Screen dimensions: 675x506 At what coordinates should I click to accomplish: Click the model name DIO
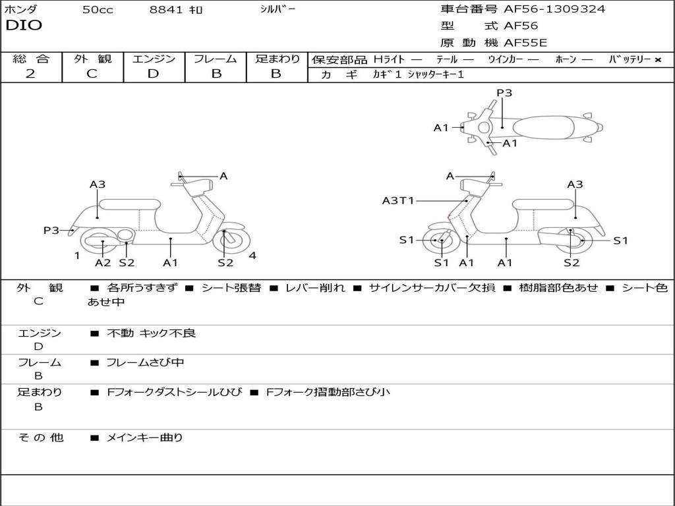pos(24,26)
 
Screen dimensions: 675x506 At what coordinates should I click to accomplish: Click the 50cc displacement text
pos(98,10)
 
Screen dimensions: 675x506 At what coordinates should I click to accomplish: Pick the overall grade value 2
pos(30,74)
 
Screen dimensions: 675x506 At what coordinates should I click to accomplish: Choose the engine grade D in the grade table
pos(153,74)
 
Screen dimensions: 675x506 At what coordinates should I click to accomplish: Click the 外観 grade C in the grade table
pos(92,74)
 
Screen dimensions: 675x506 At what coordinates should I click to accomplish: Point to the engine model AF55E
pos(525,43)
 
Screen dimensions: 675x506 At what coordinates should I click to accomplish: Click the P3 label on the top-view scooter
pos(504,93)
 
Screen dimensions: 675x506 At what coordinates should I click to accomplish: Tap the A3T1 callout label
pos(398,200)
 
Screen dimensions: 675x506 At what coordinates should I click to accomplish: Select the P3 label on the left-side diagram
pos(51,230)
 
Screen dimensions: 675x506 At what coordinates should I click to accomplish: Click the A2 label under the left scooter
pos(103,263)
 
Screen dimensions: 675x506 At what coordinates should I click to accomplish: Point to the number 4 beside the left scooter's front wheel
pos(252,256)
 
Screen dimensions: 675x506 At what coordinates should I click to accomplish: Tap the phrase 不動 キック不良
pos(151,333)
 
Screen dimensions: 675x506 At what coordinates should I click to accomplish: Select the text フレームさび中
pos(145,362)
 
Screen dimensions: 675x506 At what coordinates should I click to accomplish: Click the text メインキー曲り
pos(144,437)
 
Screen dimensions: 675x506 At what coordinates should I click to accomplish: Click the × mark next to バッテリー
pos(657,59)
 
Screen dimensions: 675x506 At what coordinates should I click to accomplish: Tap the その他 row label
pos(40,437)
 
